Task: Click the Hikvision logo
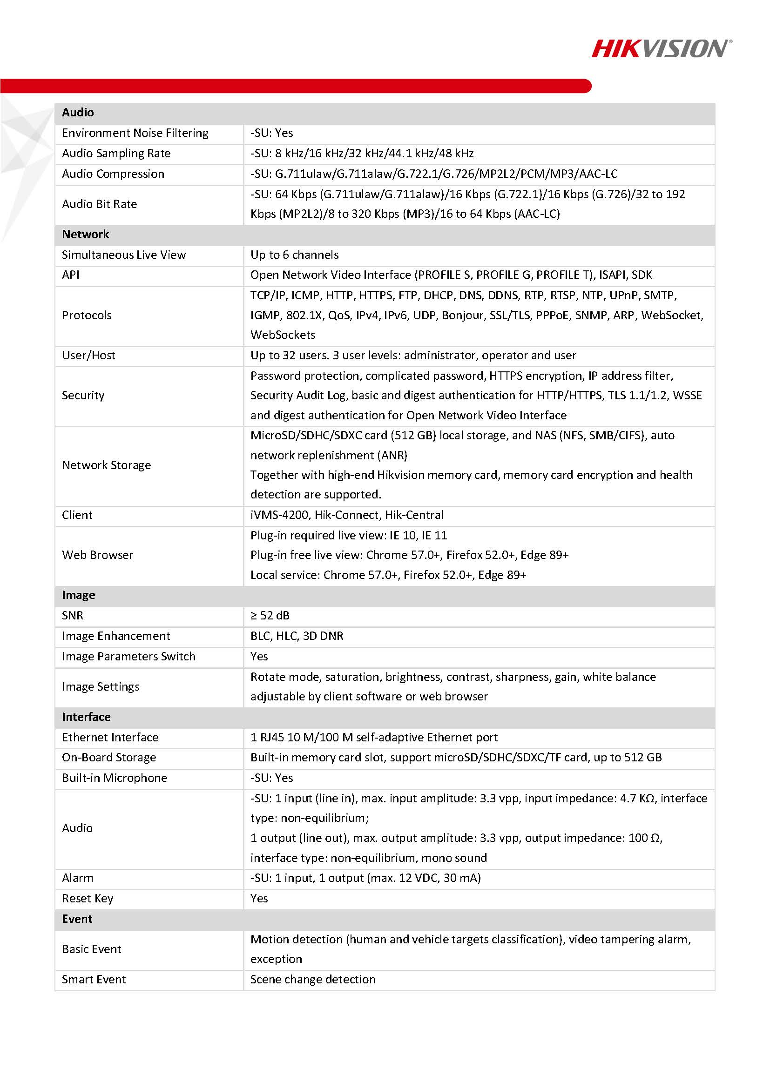click(661, 49)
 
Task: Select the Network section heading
click(85, 234)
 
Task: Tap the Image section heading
click(78, 595)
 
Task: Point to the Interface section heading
click(86, 717)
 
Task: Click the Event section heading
click(77, 919)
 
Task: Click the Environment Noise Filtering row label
click(135, 133)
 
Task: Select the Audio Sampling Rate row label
click(116, 153)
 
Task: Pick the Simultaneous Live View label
click(123, 255)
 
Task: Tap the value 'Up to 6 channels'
click(294, 255)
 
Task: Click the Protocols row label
click(86, 316)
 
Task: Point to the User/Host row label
click(88, 355)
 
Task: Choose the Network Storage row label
click(106, 465)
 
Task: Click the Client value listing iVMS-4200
click(346, 515)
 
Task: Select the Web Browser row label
click(97, 555)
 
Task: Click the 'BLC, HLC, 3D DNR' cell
click(297, 636)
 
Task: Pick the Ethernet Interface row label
click(109, 737)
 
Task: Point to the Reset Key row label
click(88, 898)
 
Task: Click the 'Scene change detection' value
click(313, 980)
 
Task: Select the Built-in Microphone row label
click(115, 778)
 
